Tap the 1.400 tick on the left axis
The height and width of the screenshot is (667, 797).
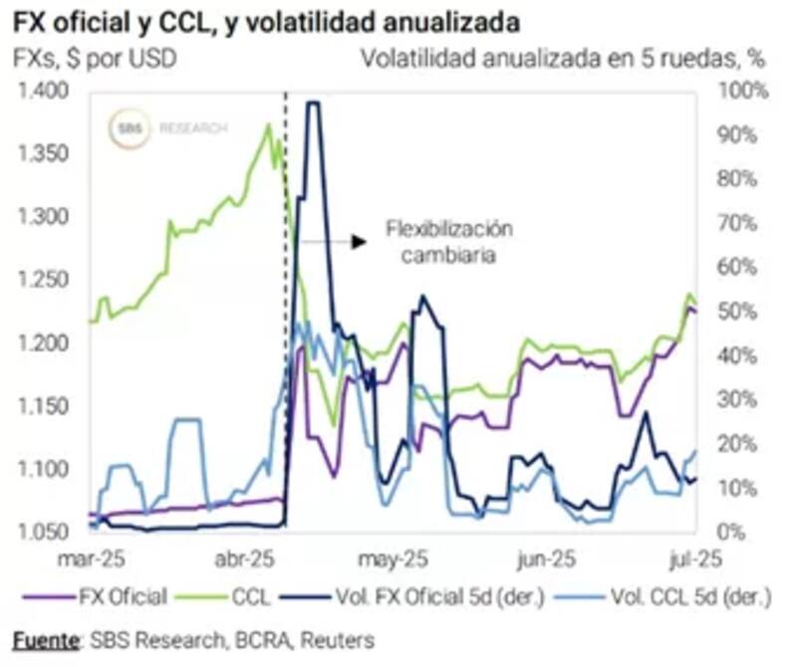[x=41, y=92]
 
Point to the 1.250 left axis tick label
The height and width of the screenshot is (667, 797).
[x=41, y=280]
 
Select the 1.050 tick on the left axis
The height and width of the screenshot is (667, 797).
[x=41, y=531]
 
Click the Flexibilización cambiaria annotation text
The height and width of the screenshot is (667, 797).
[x=449, y=242]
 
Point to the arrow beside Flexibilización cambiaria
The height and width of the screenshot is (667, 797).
[x=330, y=240]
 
